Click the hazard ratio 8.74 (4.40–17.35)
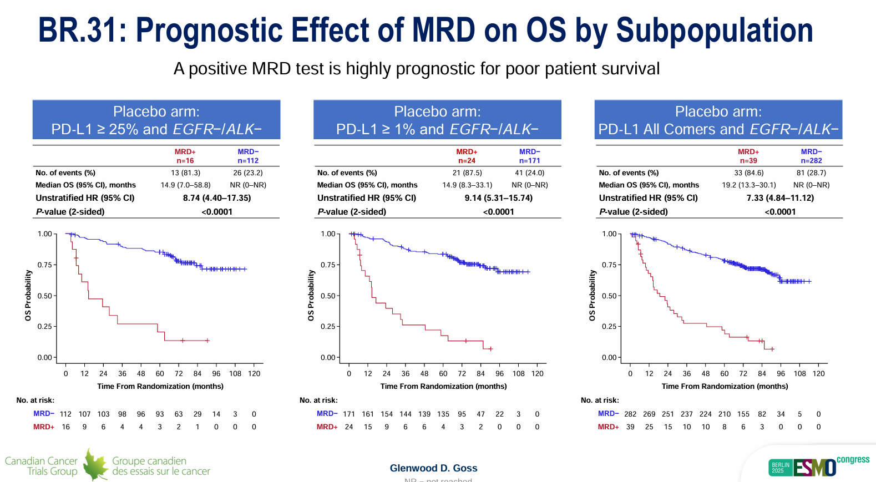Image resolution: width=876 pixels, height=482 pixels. tap(217, 198)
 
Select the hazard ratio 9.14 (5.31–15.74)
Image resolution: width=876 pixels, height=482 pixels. tap(498, 198)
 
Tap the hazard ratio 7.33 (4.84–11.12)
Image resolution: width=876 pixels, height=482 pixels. tap(780, 198)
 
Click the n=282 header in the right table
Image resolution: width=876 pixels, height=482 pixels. tap(811, 161)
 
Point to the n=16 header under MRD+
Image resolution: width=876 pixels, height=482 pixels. tap(185, 161)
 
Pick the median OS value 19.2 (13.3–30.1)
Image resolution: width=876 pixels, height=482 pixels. tap(749, 185)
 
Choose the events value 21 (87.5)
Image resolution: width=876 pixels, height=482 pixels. tap(467, 173)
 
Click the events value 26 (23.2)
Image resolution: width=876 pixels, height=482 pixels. tap(248, 173)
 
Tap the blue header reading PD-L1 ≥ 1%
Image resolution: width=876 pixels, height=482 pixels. tap(437, 120)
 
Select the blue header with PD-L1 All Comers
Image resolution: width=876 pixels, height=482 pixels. tap(718, 120)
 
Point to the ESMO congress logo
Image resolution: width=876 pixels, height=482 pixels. tap(819, 466)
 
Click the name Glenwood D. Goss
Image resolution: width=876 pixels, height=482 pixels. tap(433, 468)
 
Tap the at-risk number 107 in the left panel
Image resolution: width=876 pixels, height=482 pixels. tap(84, 414)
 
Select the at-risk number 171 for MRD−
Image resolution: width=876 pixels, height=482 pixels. tap(349, 414)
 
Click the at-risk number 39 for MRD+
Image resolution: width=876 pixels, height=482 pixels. tap(630, 427)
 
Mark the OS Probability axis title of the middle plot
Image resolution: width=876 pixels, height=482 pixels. tap(311, 296)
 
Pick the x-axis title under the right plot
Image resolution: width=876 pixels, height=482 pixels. tap(725, 387)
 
